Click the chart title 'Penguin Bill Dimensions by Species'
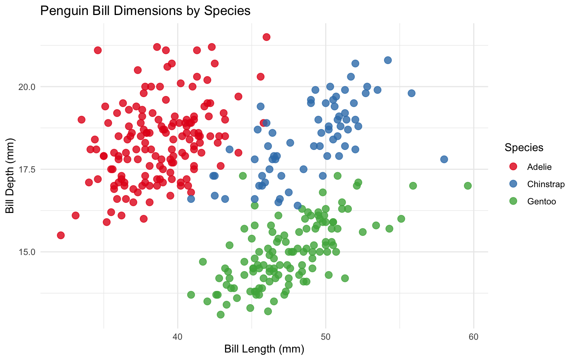tap(145, 10)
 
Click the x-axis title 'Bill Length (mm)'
tap(264, 349)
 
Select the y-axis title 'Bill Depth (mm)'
tap(10, 175)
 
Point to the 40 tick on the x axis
tap(177, 337)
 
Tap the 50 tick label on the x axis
tap(325, 337)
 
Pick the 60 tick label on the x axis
tap(474, 337)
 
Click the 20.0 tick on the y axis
tap(27, 87)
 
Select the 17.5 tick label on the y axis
tap(27, 169)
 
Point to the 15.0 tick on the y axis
tap(27, 252)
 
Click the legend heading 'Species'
tap(524, 147)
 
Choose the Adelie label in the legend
tap(539, 167)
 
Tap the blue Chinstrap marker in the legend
tap(513, 184)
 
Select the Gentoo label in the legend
tap(541, 201)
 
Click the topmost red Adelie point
tap(267, 37)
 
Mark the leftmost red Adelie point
tap(61, 235)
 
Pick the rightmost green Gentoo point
tap(468, 186)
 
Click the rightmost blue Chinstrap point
tap(444, 159)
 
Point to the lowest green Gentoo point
tap(220, 314)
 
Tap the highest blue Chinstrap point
tap(388, 60)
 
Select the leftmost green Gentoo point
tap(191, 295)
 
